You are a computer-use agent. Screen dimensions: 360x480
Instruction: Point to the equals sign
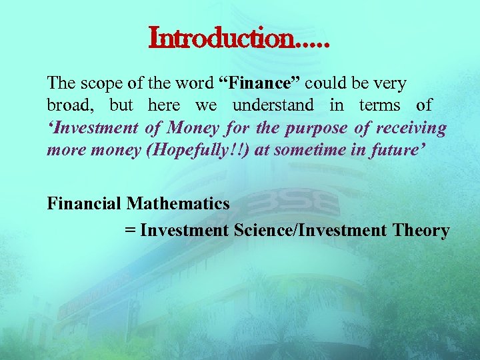click(x=130, y=231)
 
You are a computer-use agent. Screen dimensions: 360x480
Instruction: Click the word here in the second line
click(x=164, y=105)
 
